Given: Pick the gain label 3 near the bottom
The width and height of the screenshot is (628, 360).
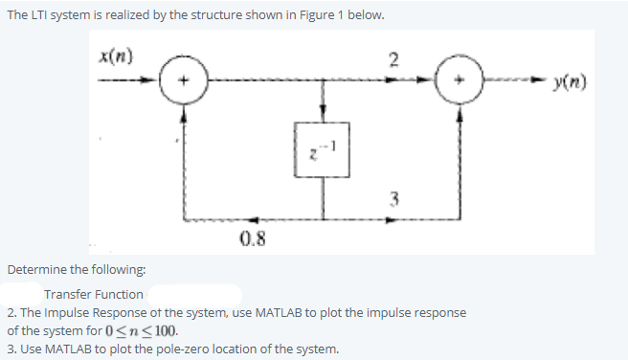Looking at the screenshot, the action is [x=393, y=198].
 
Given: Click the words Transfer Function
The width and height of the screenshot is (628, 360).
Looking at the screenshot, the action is [x=94, y=294].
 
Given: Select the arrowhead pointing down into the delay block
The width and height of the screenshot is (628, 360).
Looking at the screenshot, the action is [x=325, y=114].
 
